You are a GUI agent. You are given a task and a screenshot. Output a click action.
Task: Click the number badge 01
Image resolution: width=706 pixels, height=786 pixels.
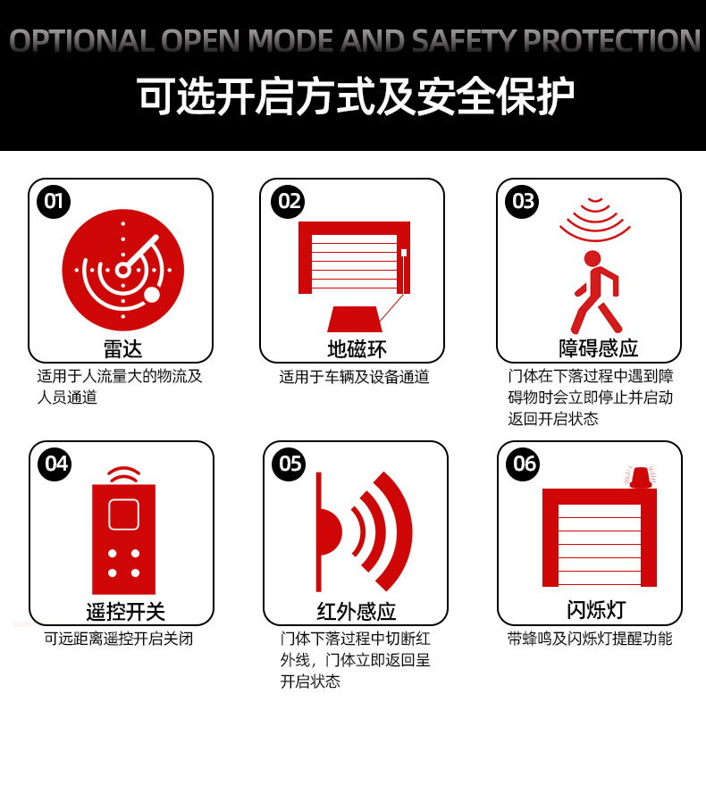[x=54, y=201]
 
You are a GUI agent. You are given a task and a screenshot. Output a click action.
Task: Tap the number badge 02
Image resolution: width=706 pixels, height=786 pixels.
[x=288, y=201]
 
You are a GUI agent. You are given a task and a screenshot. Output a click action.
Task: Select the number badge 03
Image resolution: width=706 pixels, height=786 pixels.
[x=524, y=201]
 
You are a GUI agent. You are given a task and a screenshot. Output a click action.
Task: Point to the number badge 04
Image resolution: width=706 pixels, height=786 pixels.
[x=55, y=463]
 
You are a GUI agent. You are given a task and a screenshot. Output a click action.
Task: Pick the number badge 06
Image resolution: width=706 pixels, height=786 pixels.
[x=524, y=463]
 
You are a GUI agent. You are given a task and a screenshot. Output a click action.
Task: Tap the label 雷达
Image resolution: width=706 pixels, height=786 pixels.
[x=122, y=348]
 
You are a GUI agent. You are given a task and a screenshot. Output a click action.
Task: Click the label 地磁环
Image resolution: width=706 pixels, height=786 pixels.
[x=357, y=348]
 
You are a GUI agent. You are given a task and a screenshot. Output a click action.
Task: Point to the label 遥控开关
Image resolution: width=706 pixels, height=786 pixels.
[x=125, y=612]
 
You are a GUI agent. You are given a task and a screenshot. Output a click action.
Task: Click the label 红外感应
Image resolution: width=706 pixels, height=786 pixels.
[x=357, y=612]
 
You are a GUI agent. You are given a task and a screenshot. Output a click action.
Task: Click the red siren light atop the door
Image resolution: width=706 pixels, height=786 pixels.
[x=640, y=477]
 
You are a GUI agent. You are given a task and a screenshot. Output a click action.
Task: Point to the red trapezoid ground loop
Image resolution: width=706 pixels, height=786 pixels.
[x=355, y=319]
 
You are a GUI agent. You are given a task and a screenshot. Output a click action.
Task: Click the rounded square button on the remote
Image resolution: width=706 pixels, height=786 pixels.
[x=123, y=514]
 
